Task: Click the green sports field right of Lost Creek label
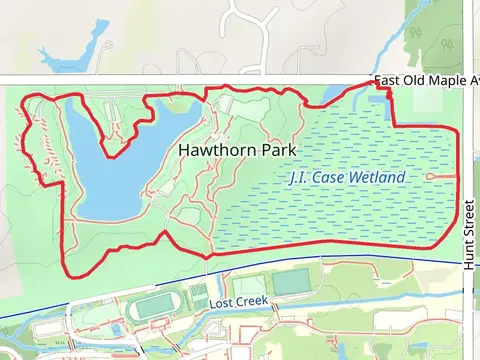click(x=292, y=283)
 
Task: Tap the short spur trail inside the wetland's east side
click(x=441, y=176)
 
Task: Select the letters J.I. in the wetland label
click(x=297, y=178)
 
